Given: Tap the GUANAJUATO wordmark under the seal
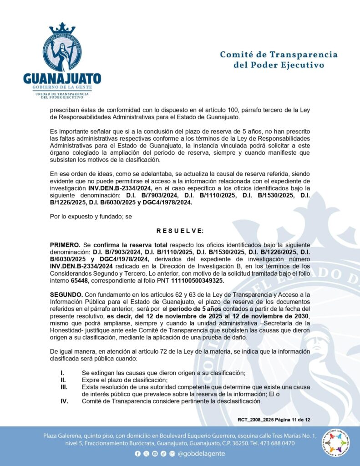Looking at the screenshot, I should point(62,77).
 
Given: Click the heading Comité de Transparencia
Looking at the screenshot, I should point(279,55).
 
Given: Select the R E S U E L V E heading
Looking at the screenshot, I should point(180,231).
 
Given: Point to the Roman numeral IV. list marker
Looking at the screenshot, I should point(65,401).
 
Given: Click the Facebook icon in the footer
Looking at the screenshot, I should point(138,454).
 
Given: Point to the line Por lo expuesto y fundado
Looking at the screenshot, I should point(91,217).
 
